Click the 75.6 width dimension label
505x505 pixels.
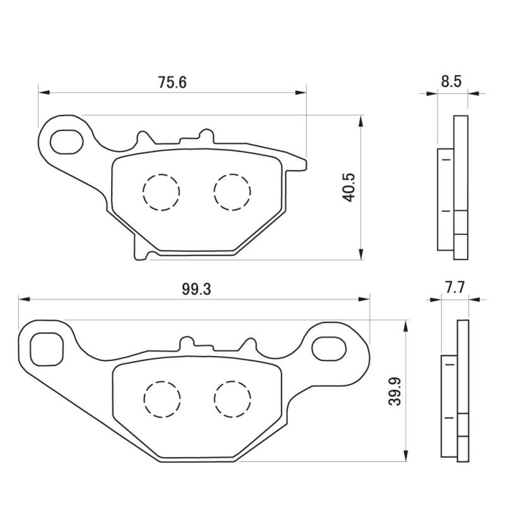pyautogui.click(x=172, y=83)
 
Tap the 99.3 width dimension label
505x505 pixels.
pyautogui.click(x=196, y=289)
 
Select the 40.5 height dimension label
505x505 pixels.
pyautogui.click(x=348, y=187)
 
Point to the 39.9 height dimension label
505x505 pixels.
pyautogui.click(x=394, y=391)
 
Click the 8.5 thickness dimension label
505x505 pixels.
pyautogui.click(x=451, y=81)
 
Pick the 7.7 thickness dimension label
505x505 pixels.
pyautogui.click(x=455, y=288)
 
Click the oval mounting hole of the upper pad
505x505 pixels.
pyautogui.click(x=67, y=141)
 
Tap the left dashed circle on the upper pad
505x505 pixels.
pyautogui.click(x=161, y=193)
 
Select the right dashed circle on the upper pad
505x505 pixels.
pyautogui.click(x=232, y=193)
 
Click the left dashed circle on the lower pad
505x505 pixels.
pyautogui.click(x=162, y=400)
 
